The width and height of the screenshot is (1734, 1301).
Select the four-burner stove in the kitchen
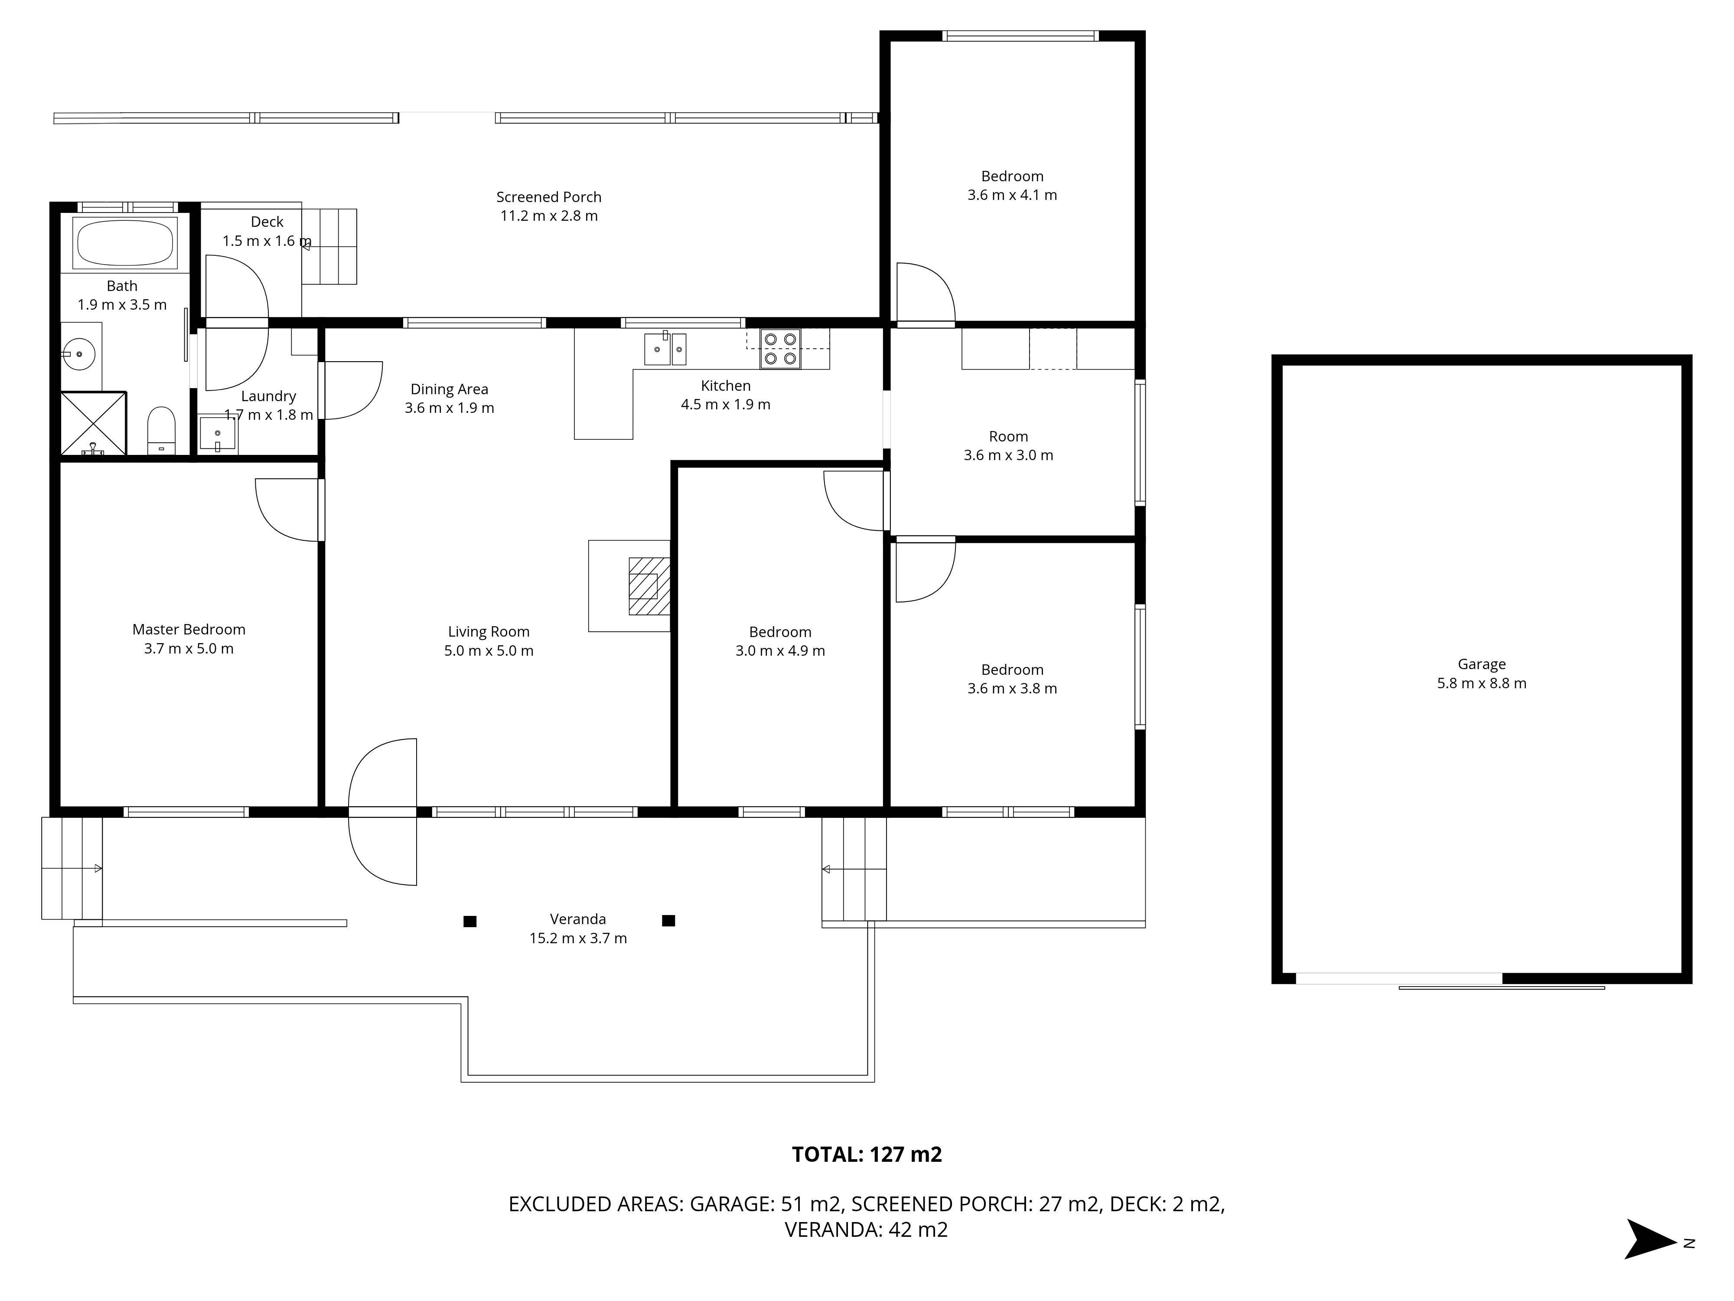coord(780,349)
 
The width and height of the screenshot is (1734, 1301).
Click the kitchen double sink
coord(665,348)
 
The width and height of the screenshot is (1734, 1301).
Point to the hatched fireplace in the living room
coord(649,586)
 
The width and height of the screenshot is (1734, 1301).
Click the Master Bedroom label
coord(189,630)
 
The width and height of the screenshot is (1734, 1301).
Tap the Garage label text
coord(1482,664)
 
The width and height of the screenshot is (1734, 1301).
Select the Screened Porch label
coord(549,197)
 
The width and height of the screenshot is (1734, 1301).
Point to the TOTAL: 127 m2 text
coord(867,1154)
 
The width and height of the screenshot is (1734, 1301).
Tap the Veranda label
coord(578,919)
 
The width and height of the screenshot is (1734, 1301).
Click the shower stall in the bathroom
coord(93,423)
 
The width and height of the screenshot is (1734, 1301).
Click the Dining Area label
coord(449,389)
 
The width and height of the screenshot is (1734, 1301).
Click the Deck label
coord(267,222)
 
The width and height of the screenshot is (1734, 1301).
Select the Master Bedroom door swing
coord(288,510)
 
